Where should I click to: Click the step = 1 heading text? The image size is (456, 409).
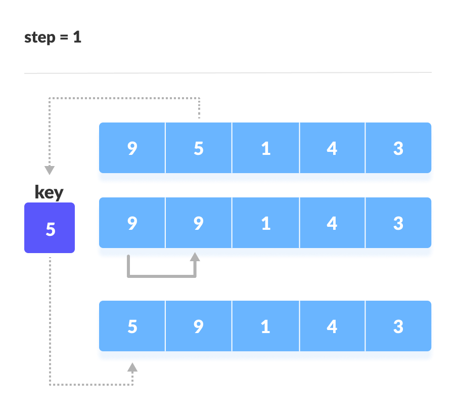pos(53,37)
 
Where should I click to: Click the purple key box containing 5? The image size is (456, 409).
pos(50,228)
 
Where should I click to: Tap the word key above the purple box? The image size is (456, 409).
pos(49,192)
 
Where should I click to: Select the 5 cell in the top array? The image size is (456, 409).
pos(198,149)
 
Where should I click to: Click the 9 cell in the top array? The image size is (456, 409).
pos(132,149)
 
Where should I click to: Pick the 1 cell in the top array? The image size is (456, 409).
pos(265,149)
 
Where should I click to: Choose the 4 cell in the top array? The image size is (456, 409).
pos(332,149)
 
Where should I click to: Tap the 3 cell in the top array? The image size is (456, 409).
pos(398,149)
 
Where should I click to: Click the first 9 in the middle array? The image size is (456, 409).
pos(132,223)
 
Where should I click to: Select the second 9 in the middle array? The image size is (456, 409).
pos(198,223)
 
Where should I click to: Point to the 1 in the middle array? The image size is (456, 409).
pos(265,223)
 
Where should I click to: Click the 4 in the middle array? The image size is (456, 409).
pos(332,223)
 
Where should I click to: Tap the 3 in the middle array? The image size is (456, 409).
pos(398,223)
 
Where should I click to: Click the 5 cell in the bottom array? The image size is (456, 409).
pos(132,327)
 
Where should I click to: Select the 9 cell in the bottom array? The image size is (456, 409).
pos(198,327)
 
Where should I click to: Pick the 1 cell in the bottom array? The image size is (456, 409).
pos(265,327)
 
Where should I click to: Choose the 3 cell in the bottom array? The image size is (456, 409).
pos(398,327)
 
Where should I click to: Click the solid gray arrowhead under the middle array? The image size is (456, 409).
pos(195,257)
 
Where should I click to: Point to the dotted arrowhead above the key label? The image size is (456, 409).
pos(50,171)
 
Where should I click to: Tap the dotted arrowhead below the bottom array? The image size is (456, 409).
pos(132,367)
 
